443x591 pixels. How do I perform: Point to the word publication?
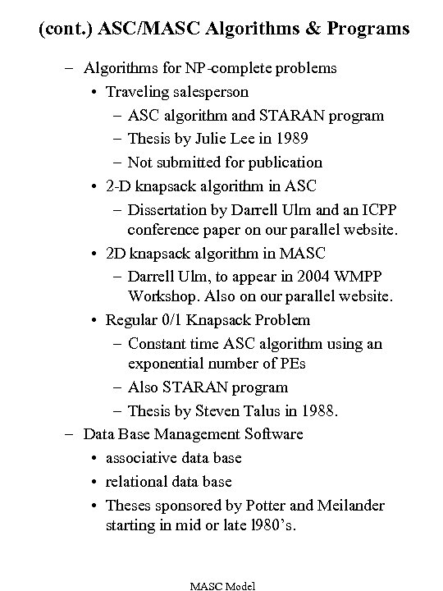(x=283, y=162)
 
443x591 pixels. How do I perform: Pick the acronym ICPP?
(x=373, y=209)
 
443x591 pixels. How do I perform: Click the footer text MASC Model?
(x=222, y=585)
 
